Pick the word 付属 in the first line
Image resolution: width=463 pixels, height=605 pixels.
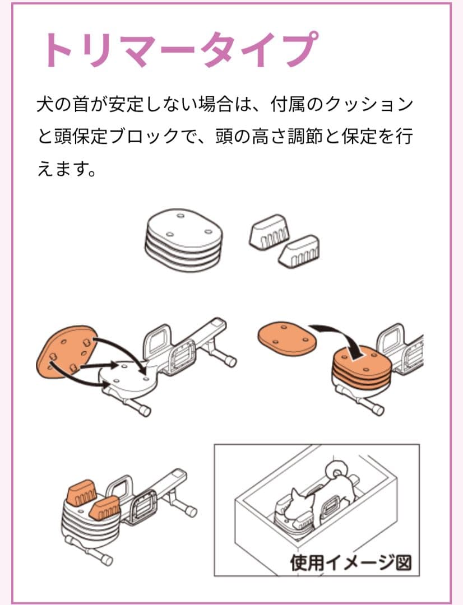(288, 105)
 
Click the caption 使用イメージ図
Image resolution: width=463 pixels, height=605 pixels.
(350, 562)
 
